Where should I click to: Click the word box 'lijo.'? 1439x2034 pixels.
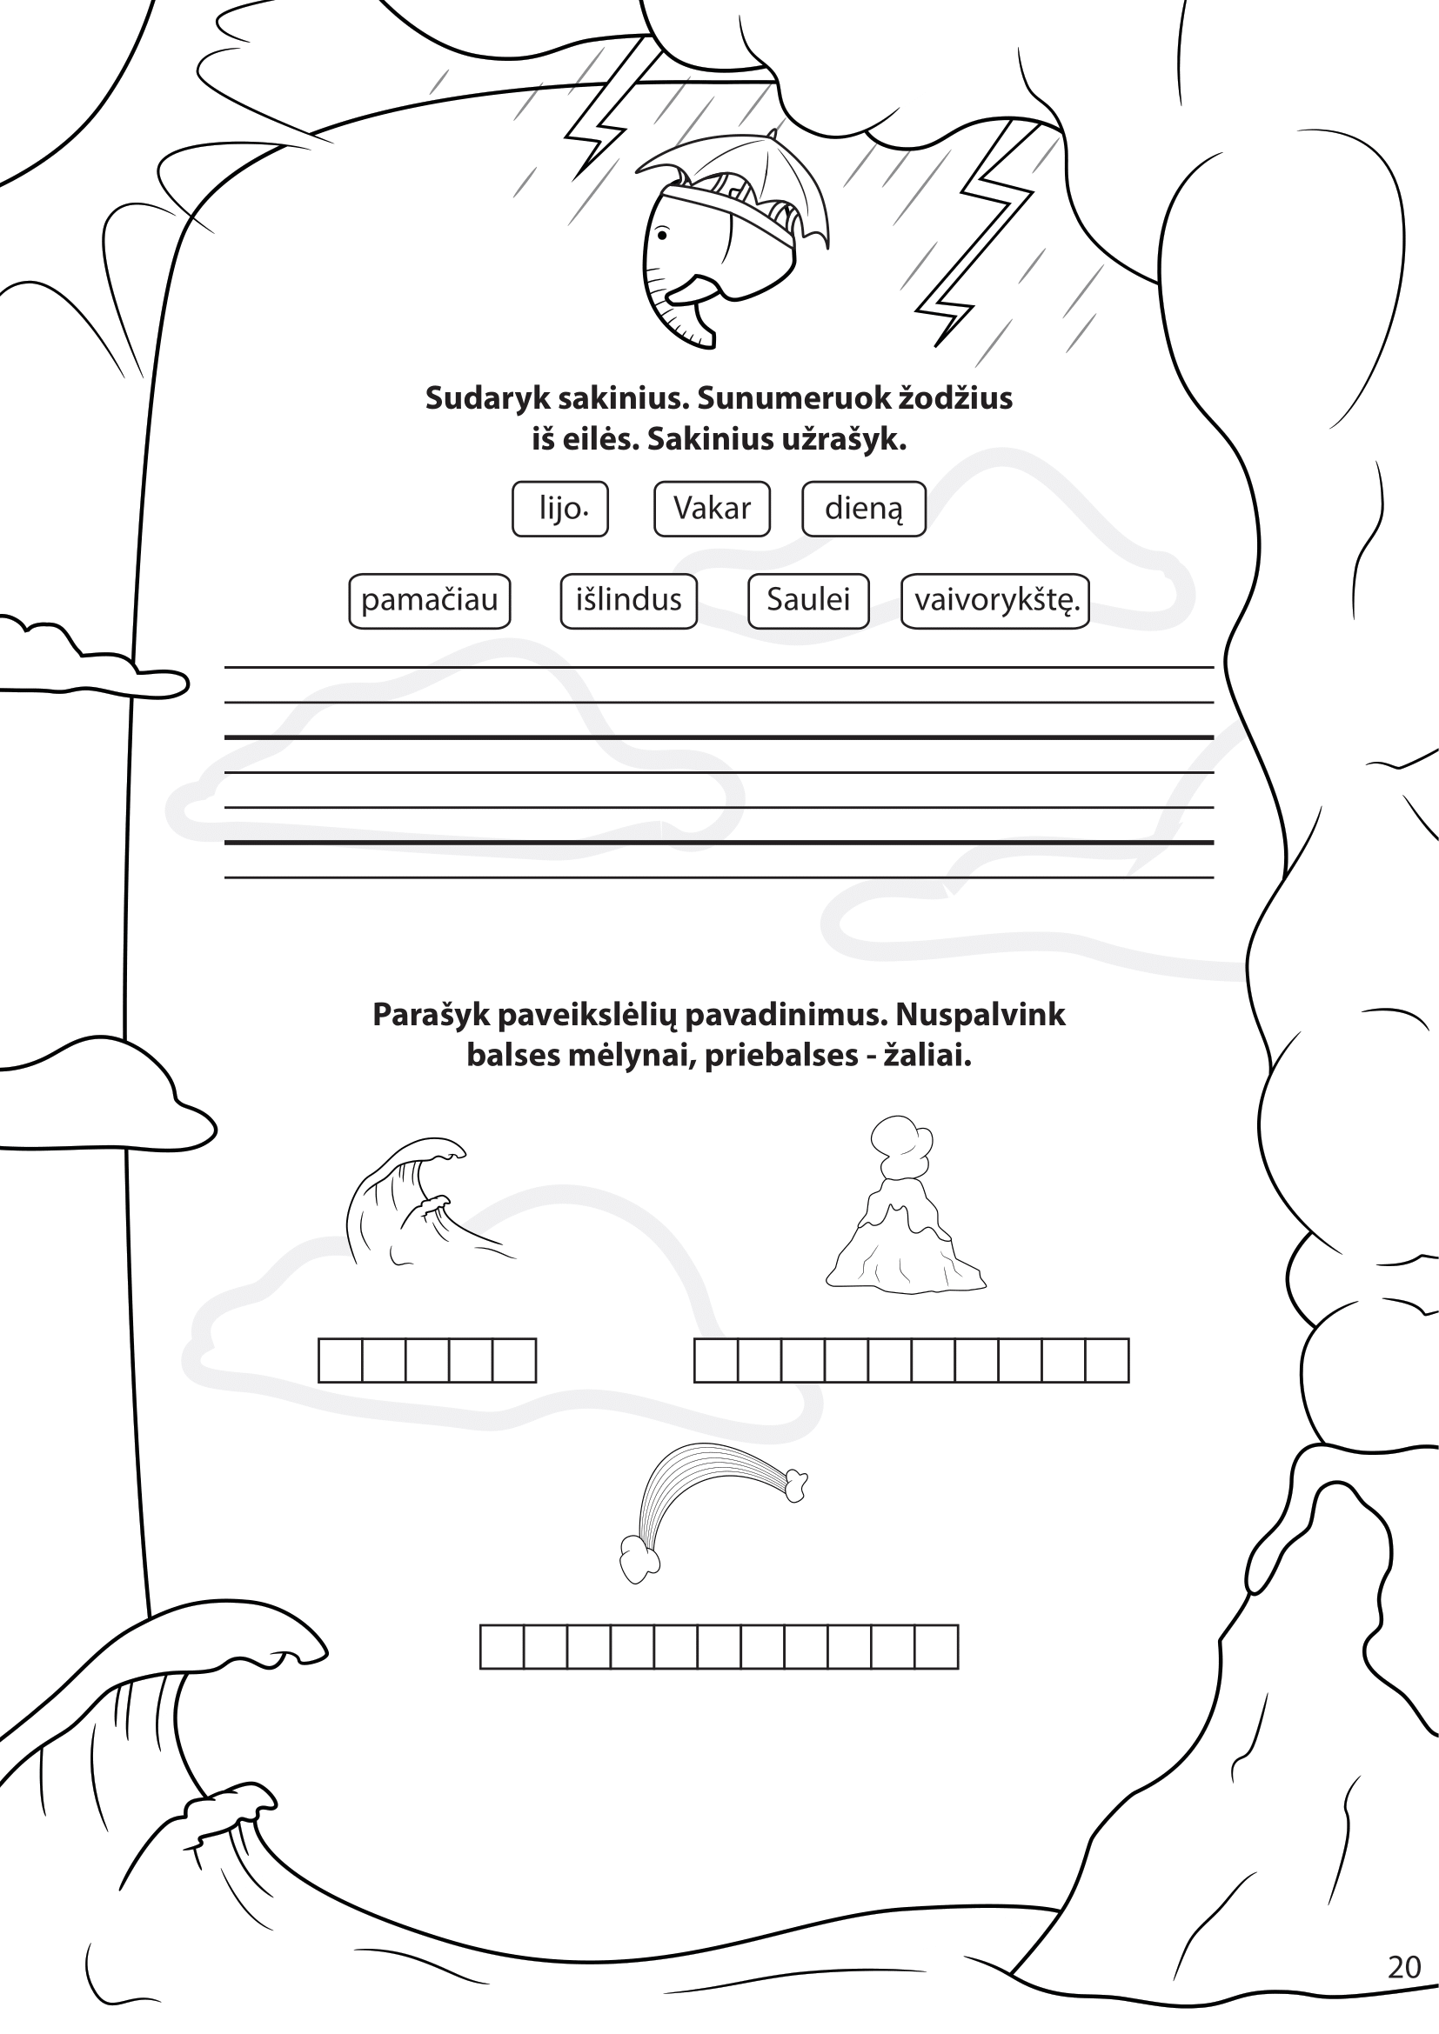[560, 509]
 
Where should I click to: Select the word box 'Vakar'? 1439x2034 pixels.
[712, 509]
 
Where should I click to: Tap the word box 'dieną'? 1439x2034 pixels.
[864, 509]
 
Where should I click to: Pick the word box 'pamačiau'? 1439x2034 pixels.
[430, 601]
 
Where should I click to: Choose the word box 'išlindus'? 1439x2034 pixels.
[629, 601]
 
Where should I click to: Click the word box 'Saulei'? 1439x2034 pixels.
[808, 601]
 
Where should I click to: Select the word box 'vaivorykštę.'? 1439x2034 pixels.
[995, 601]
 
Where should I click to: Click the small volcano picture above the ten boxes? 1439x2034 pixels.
[906, 1204]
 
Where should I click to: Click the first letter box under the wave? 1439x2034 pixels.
[340, 1360]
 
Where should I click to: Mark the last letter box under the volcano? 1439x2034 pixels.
[1108, 1360]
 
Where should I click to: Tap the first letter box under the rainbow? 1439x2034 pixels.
[501, 1647]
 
